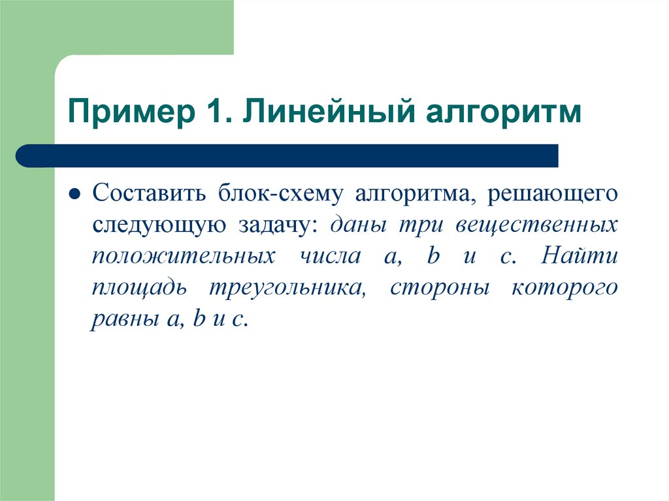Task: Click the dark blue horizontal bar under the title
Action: [287, 156]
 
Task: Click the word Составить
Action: [150, 194]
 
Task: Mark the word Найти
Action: [579, 257]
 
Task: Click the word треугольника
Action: [286, 288]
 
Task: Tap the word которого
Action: [564, 288]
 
